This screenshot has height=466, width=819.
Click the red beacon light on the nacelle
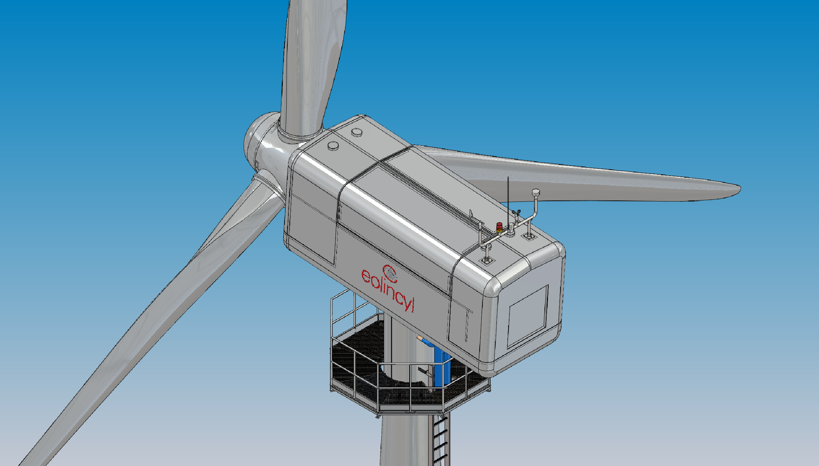(x=499, y=227)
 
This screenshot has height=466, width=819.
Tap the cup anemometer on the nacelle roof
(x=516, y=212)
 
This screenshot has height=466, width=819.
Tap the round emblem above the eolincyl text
(x=390, y=272)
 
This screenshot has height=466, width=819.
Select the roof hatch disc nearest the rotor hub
(x=333, y=146)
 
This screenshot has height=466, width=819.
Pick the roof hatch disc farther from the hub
(x=356, y=132)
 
